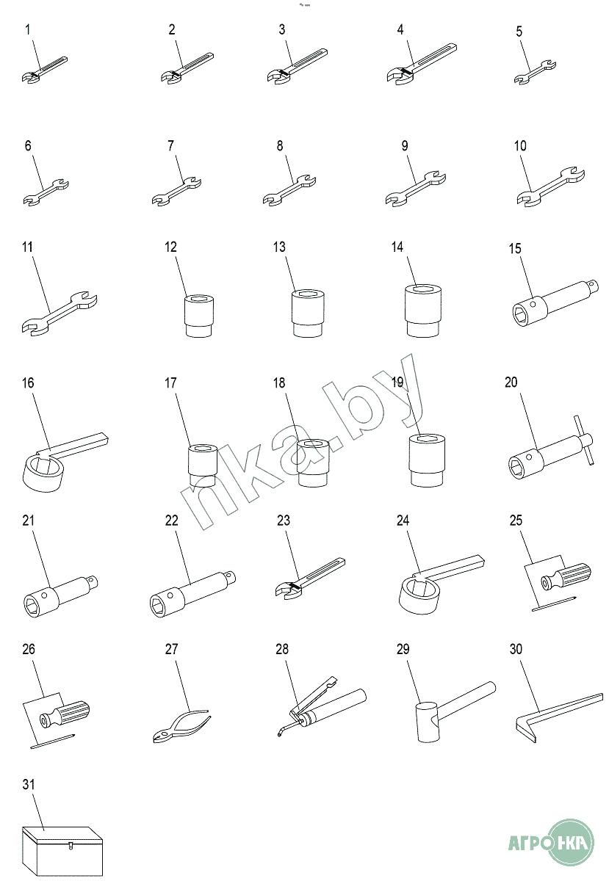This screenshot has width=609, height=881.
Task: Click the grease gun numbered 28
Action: [322, 706]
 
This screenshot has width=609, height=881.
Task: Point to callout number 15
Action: [515, 248]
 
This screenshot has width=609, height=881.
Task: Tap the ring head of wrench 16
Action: [42, 472]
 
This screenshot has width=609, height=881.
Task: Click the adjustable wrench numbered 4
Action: [421, 64]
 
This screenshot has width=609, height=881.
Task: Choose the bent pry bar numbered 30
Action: [558, 718]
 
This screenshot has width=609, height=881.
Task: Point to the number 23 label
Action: [283, 521]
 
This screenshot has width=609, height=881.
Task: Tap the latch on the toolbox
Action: [70, 844]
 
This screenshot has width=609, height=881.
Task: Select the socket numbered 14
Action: [423, 311]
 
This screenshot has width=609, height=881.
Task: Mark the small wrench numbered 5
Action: [535, 72]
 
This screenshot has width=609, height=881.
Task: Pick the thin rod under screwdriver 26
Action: [53, 740]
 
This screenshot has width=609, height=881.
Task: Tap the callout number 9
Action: [405, 146]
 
